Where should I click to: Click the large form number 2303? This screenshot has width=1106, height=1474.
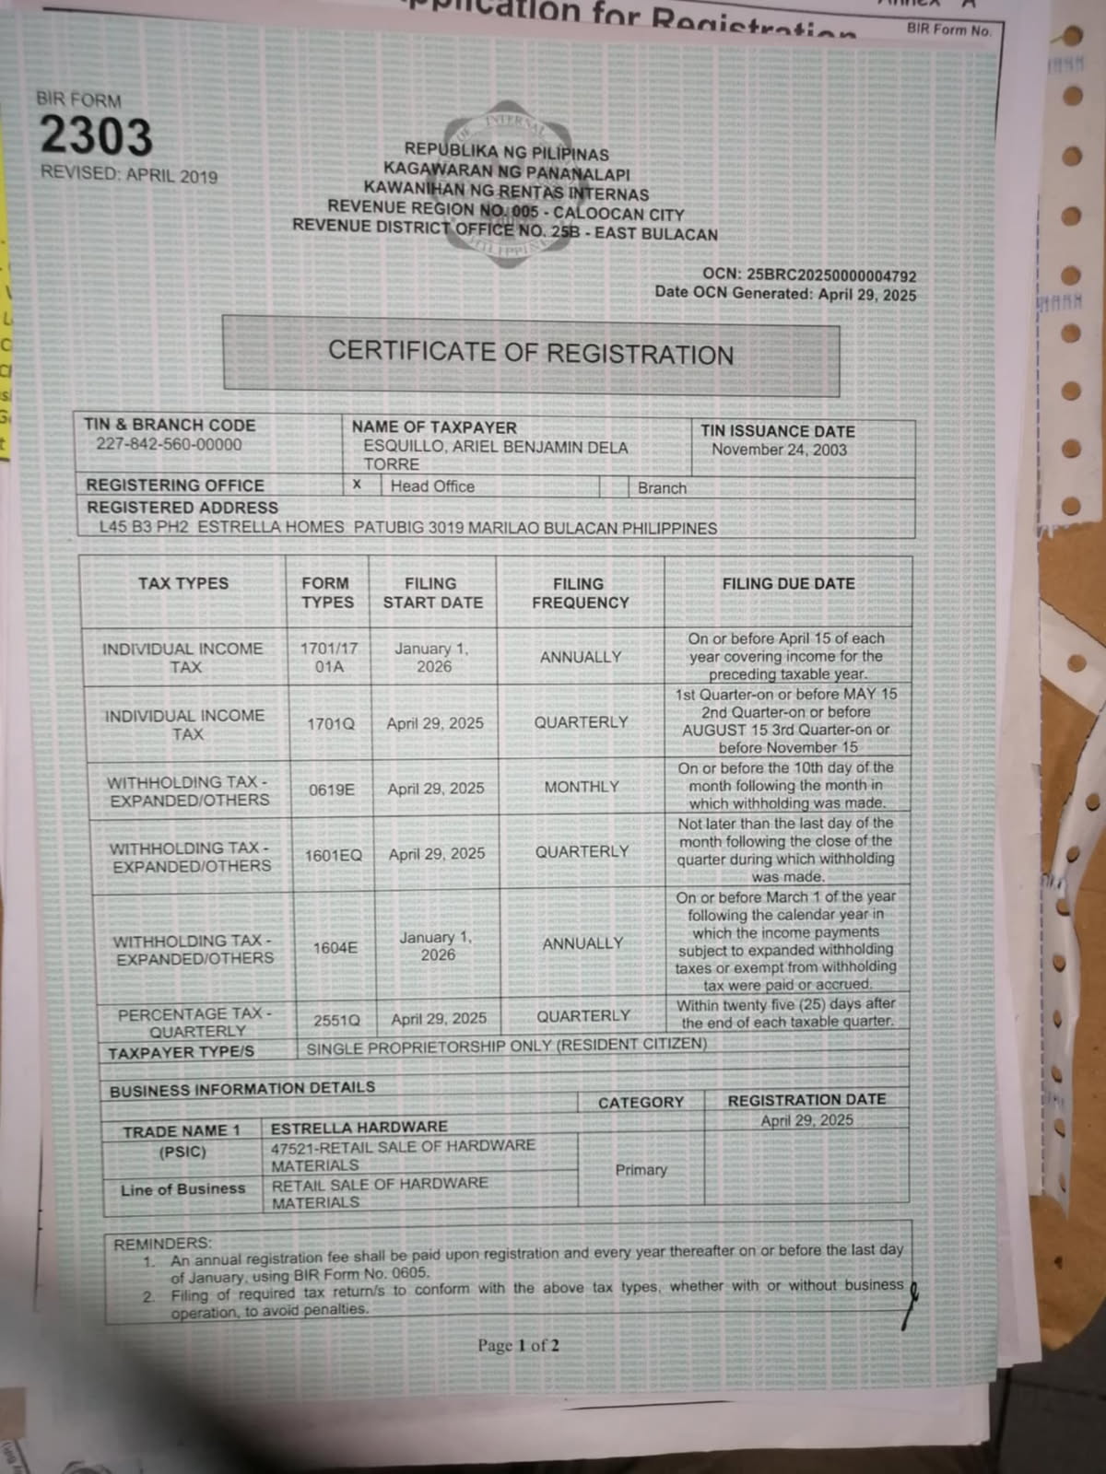[96, 137]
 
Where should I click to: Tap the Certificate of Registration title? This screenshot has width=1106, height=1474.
[531, 353]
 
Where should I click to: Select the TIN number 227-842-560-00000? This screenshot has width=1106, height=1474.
[169, 444]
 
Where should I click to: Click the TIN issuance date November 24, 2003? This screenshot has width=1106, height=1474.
[779, 450]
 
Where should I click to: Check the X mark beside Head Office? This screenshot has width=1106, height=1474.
[357, 485]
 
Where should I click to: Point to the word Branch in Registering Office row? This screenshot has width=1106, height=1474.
[662, 488]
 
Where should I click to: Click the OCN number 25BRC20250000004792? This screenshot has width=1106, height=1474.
[831, 275]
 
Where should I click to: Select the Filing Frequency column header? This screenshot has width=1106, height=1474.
[580, 593]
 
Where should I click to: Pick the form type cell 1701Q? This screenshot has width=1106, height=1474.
[330, 724]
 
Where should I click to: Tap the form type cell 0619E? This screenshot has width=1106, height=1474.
[332, 790]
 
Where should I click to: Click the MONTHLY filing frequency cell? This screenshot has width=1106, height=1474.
[582, 787]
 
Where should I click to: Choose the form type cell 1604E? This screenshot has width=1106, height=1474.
[335, 947]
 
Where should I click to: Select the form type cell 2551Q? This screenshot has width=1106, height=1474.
[336, 1020]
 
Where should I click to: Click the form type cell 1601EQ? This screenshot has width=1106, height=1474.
[334, 856]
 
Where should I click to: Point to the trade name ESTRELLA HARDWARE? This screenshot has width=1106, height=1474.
[359, 1127]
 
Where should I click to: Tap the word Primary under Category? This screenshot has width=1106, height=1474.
[641, 1169]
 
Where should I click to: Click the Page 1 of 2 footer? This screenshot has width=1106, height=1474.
[518, 1345]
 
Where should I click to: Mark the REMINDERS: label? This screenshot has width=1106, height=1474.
[162, 1244]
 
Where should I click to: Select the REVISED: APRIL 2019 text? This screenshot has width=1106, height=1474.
[129, 174]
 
